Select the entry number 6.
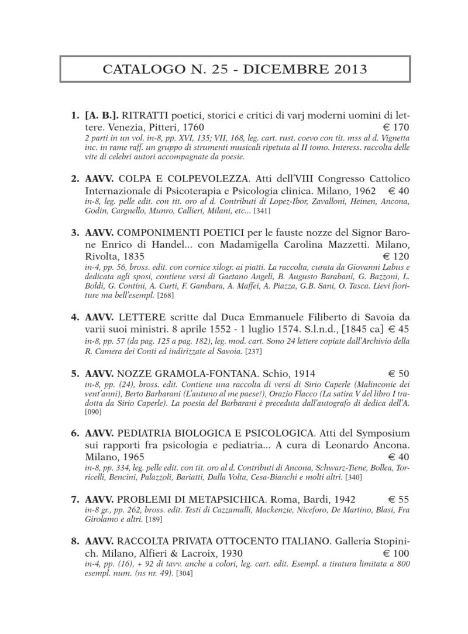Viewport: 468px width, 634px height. coord(75,433)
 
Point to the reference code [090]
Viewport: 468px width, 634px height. coord(93,412)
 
